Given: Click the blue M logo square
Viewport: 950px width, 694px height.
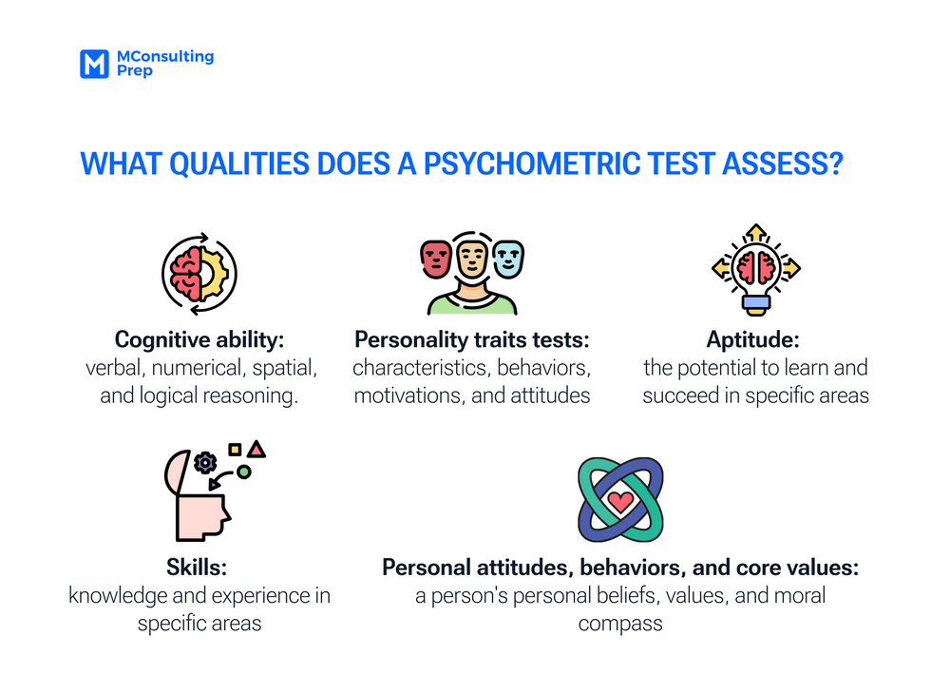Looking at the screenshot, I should pyautogui.click(x=93, y=64).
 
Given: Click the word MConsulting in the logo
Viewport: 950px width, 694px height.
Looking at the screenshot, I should pyautogui.click(x=164, y=56).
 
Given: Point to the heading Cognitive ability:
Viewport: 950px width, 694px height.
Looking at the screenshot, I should pyautogui.click(x=199, y=339).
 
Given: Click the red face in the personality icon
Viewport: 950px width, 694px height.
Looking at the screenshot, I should pyautogui.click(x=436, y=258).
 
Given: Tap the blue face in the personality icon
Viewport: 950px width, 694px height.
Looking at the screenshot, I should pyautogui.click(x=508, y=258).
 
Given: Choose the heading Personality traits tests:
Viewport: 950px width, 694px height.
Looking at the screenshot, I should pyautogui.click(x=472, y=339).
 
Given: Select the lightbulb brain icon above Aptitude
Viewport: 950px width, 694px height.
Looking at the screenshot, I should pyautogui.click(x=755, y=271).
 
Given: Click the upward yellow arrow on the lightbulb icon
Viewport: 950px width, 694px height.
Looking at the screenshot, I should pyautogui.click(x=755, y=233).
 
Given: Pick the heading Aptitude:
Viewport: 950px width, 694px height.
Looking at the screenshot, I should pyautogui.click(x=755, y=339).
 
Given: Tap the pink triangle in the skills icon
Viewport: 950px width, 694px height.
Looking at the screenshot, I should pyautogui.click(x=256, y=448).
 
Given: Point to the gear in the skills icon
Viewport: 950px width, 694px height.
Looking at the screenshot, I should pyautogui.click(x=204, y=463).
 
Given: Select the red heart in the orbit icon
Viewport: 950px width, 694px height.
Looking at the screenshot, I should pyautogui.click(x=620, y=501).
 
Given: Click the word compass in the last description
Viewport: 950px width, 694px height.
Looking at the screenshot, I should pyautogui.click(x=620, y=625).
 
